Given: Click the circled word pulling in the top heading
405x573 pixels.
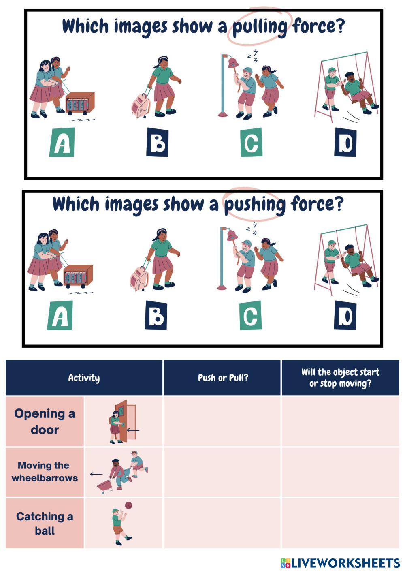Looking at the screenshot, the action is [260, 28].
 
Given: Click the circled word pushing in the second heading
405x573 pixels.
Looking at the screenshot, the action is [254, 205].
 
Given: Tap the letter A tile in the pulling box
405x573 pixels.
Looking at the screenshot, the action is [62, 142].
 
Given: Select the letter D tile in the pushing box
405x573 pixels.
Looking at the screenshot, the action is [345, 315].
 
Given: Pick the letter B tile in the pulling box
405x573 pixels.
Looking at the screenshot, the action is [157, 142].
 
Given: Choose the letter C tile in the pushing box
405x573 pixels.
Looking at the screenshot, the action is [251, 315].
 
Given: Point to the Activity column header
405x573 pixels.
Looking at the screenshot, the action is [84, 378].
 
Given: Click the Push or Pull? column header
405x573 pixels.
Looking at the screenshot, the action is [223, 378].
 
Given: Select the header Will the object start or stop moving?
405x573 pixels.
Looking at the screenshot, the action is [340, 378].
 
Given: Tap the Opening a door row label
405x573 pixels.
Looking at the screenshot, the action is [45, 421].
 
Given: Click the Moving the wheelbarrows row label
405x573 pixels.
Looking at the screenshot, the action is [45, 471].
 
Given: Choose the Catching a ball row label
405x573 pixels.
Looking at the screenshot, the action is [45, 524].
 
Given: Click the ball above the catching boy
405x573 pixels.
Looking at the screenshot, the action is [128, 505].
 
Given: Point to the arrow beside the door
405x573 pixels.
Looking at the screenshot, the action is [133, 430].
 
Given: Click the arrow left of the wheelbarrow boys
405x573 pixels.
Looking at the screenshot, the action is [96, 474].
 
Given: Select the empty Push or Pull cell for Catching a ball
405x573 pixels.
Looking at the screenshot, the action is [222, 523].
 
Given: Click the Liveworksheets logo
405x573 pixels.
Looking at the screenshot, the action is [340, 563].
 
